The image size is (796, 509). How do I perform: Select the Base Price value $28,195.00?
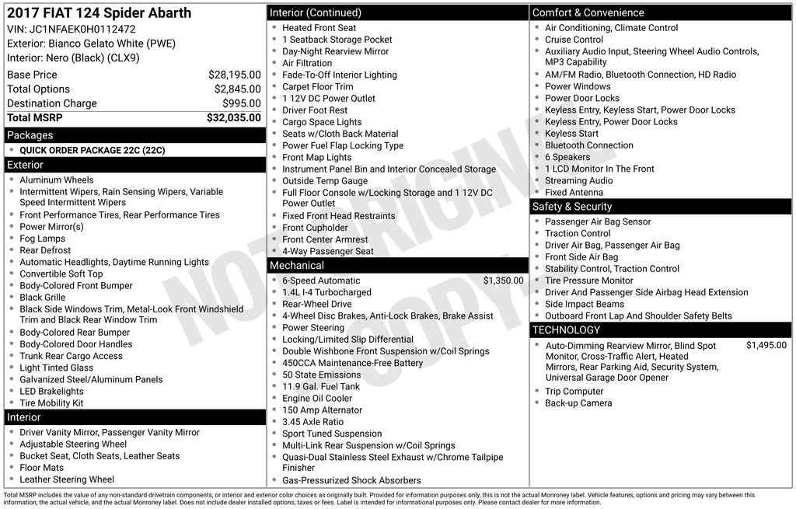click(234, 75)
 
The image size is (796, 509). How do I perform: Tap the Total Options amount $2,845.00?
click(237, 89)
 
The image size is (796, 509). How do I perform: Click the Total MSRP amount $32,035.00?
click(233, 118)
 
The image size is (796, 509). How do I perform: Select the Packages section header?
click(30, 135)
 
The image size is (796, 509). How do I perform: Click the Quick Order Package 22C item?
click(92, 151)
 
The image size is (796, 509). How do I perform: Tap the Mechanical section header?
click(296, 266)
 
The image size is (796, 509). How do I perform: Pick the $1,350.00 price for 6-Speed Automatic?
click(503, 281)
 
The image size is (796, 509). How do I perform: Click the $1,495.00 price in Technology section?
click(766, 346)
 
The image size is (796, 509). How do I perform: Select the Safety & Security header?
click(571, 207)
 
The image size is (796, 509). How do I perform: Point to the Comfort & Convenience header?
click(588, 12)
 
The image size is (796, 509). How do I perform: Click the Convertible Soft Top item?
click(61, 274)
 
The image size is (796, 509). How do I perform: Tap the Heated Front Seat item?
click(319, 28)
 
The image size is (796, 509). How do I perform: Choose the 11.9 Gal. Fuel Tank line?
click(320, 387)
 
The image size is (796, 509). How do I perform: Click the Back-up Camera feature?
click(578, 403)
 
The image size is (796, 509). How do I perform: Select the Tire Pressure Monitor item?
click(588, 281)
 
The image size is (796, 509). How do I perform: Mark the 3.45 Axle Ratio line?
click(312, 422)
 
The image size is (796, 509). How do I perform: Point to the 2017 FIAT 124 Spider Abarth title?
click(99, 13)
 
